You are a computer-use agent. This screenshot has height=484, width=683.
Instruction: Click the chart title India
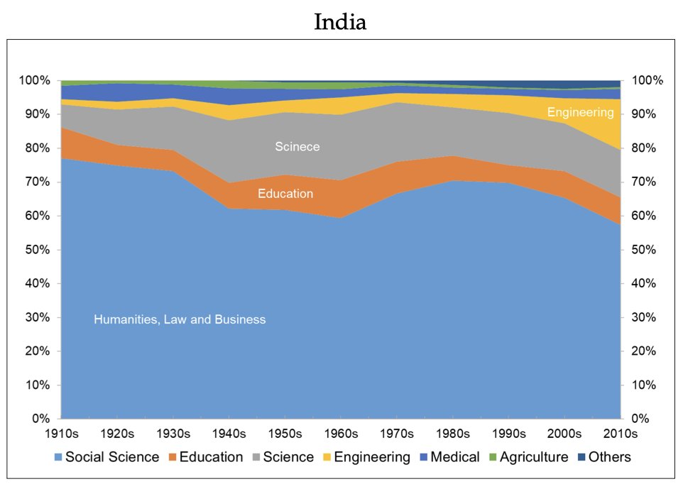pyautogui.click(x=341, y=22)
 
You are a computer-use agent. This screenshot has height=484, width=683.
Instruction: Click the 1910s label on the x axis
pyautogui.click(x=61, y=433)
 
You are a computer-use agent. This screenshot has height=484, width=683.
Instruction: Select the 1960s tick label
pyautogui.click(x=341, y=433)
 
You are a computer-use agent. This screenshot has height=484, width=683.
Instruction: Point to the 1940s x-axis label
pyautogui.click(x=229, y=433)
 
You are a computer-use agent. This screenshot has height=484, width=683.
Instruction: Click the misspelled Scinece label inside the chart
pyautogui.click(x=297, y=147)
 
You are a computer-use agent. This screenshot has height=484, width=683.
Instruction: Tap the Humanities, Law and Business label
pyautogui.click(x=180, y=319)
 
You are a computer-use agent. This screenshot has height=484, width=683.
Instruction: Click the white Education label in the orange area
pyautogui.click(x=285, y=193)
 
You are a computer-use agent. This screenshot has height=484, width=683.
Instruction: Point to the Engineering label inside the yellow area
pyautogui.click(x=580, y=112)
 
